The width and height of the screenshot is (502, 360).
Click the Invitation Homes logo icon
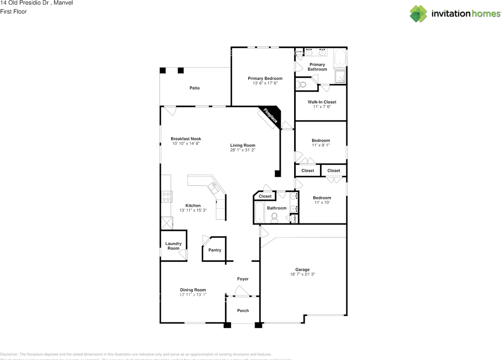(x=418, y=14)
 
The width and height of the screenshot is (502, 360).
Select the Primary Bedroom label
(x=265, y=78)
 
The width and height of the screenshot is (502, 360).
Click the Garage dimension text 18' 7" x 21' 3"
(x=302, y=275)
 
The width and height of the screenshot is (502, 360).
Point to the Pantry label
(x=215, y=250)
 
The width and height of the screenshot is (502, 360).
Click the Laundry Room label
(x=173, y=246)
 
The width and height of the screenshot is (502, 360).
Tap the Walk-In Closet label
(x=322, y=102)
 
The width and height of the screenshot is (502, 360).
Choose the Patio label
(x=195, y=88)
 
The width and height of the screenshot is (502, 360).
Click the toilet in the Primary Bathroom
(x=301, y=84)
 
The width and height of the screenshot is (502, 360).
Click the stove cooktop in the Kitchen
(x=166, y=196)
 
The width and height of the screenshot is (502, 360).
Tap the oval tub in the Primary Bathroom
(x=340, y=58)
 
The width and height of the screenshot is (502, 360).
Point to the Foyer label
(x=243, y=279)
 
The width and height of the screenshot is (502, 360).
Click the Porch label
(x=243, y=311)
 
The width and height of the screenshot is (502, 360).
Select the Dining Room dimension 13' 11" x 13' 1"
(x=193, y=295)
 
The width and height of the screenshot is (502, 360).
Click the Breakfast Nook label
(x=186, y=139)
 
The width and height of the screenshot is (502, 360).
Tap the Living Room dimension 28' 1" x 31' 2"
(x=243, y=150)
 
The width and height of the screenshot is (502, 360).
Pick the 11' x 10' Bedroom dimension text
(x=322, y=203)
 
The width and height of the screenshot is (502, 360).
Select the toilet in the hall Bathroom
(x=274, y=218)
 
